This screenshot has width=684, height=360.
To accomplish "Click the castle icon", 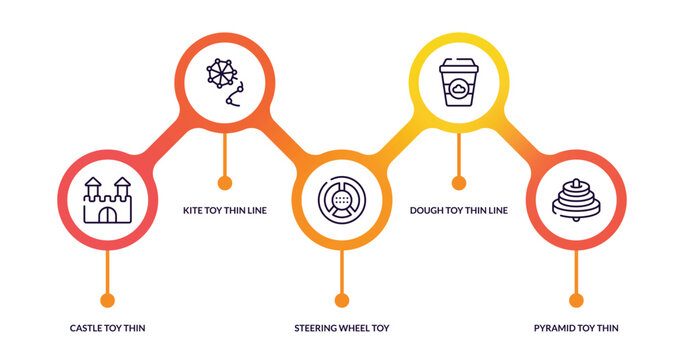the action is tap(107, 200).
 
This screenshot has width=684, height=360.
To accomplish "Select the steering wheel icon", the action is tap(341, 200).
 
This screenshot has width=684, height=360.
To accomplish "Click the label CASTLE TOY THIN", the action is tap(107, 328).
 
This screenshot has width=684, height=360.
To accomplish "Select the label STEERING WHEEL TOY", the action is tap(341, 328).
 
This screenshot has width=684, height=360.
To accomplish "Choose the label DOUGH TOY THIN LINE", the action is tap(459, 210).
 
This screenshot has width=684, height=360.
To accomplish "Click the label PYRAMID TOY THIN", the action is tap(575, 328).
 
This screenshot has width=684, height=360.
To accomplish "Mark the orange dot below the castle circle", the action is tap(107, 299).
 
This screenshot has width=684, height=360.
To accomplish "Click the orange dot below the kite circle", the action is tap(224, 182).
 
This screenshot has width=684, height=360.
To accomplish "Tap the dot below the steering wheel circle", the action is tap(341, 299).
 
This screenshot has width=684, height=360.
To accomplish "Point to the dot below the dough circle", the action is tap(458, 182).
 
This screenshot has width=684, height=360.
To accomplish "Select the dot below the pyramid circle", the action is tap(575, 299).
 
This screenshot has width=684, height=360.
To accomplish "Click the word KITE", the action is tap(193, 210).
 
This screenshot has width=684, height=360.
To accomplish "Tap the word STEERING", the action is tap(317, 328).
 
